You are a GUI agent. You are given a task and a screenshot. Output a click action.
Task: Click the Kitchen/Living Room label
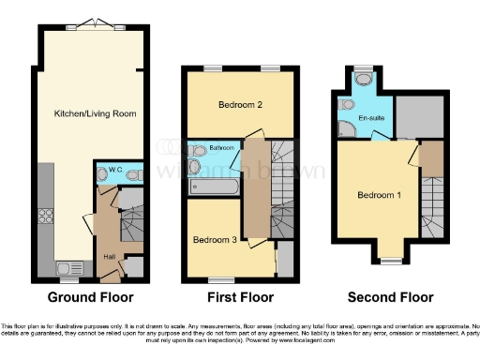[x=94, y=113]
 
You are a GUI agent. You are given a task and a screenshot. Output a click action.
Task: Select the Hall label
[x=111, y=253]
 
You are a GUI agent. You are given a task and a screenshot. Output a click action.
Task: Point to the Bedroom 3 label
[x=215, y=240]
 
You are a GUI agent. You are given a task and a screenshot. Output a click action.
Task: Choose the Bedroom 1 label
[x=379, y=196]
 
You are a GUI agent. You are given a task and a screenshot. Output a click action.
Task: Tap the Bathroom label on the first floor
[x=221, y=148]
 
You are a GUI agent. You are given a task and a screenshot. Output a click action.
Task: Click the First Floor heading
[x=240, y=298]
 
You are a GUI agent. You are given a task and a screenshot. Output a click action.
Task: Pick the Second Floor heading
[x=391, y=298]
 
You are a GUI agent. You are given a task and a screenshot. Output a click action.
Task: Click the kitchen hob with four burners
[x=46, y=217]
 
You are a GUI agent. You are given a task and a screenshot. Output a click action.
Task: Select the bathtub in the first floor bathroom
[x=212, y=187]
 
